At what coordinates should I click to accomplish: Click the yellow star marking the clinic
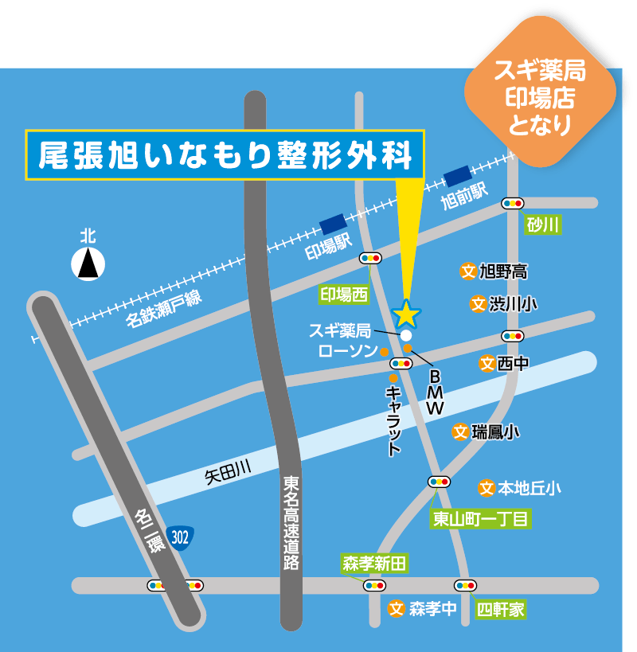[406, 312]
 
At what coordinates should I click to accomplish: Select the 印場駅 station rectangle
[332, 224]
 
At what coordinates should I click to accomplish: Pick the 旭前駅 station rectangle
[457, 175]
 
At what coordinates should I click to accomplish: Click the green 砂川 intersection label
[543, 225]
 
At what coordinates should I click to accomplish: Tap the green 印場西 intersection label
[344, 295]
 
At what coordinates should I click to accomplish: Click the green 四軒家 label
[501, 610]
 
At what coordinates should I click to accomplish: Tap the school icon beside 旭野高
[468, 271]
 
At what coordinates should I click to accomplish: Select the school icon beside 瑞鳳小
[460, 431]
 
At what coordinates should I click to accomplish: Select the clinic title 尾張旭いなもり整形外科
[226, 155]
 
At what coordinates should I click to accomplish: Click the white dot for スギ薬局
[406, 335]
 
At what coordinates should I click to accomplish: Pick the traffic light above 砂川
[512, 204]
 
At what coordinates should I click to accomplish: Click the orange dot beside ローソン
[384, 352]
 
